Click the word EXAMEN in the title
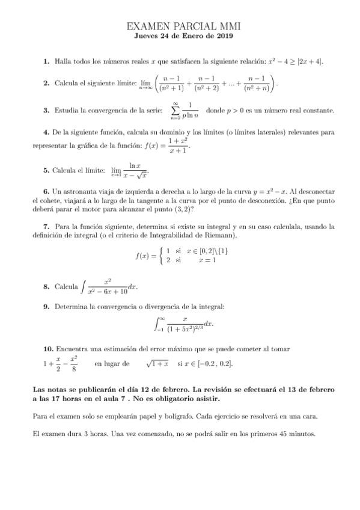coord(148,27)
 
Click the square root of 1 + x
coord(157,364)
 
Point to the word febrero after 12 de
coord(174,390)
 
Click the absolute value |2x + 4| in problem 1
coord(309,61)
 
